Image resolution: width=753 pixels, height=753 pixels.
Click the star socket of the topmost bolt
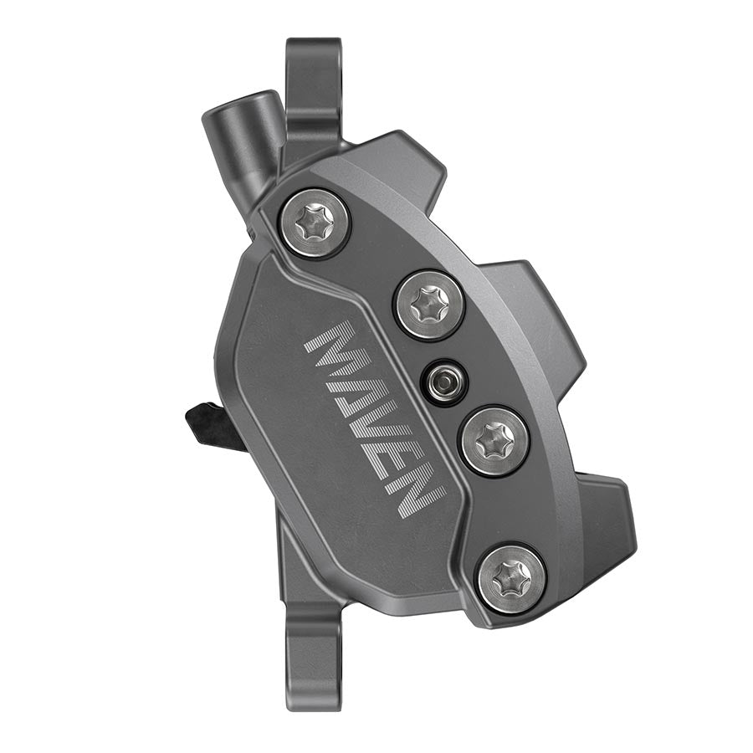315,222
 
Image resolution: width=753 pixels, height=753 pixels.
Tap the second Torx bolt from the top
429,304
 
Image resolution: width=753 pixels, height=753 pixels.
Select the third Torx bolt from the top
494,439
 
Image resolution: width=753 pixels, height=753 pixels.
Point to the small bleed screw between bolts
444,382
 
